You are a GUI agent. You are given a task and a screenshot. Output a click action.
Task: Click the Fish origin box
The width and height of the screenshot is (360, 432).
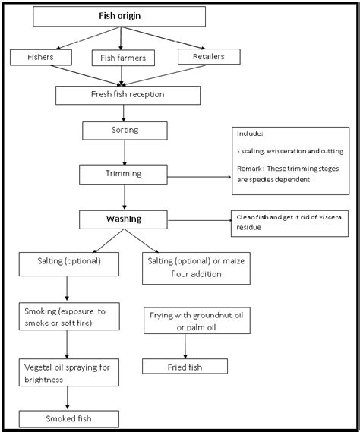point(121,16)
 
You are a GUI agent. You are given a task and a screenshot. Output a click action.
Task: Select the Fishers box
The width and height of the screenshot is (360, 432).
point(41,56)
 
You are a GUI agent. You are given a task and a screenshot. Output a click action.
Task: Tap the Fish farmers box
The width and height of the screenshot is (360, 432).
point(123,57)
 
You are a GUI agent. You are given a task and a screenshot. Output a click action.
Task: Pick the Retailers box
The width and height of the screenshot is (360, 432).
point(208,55)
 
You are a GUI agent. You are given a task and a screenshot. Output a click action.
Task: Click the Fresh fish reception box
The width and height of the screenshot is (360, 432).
point(128,94)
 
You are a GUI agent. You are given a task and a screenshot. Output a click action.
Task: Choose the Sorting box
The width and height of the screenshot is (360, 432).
point(124,131)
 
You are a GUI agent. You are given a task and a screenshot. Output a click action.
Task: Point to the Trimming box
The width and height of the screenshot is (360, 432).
point(122,175)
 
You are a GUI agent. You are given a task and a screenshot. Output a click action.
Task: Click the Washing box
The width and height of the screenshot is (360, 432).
point(122,219)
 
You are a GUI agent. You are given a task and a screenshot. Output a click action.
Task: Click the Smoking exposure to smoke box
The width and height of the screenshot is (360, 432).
point(69,316)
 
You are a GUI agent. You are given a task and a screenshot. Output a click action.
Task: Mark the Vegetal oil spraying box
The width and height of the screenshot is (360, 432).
point(69,372)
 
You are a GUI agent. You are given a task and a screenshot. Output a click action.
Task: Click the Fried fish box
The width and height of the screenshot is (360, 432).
point(185,366)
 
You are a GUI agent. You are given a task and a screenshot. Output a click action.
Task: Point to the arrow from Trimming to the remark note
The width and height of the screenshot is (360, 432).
point(197,178)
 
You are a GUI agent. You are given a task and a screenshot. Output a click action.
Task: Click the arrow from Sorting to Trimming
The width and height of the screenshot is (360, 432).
point(123,152)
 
